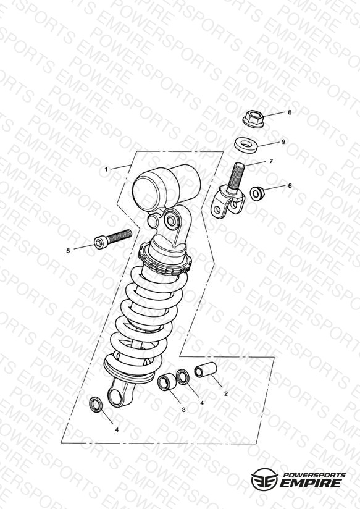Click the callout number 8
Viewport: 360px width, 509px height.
pos(290,112)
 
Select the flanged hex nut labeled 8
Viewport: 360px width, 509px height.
pos(253,119)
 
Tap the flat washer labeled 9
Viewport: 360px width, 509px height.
pos(246,145)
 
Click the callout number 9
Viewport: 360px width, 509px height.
pos(283,142)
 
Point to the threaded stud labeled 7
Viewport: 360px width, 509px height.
pos(235,179)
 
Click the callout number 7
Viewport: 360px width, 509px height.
pos(271,161)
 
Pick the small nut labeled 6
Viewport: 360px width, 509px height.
pos(257,193)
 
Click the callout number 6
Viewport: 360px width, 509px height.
pos(290,186)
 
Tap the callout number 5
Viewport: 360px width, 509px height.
pos(68,251)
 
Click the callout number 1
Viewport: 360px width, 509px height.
pos(106,169)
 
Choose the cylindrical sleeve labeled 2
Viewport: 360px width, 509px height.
pos(206,370)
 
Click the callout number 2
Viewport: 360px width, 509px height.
pos(226,393)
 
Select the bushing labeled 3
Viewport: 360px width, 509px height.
pos(167,382)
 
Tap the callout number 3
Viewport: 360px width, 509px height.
pos(184,410)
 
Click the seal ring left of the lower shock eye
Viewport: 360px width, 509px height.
pos(96,405)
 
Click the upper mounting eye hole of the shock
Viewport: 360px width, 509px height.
pos(171,221)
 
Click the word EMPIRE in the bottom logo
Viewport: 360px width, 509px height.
pos(310,482)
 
